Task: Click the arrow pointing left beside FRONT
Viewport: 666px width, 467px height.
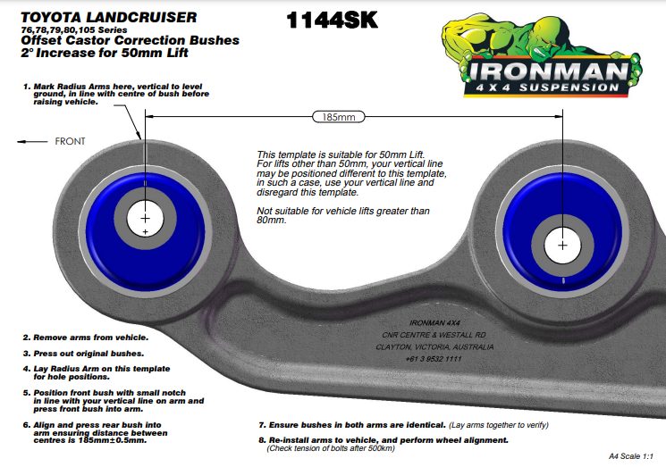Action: pyautogui.click(x=33, y=141)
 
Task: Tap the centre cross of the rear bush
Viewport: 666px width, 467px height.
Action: pyautogui.click(x=561, y=243)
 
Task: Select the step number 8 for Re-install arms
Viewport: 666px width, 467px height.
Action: pyautogui.click(x=260, y=440)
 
